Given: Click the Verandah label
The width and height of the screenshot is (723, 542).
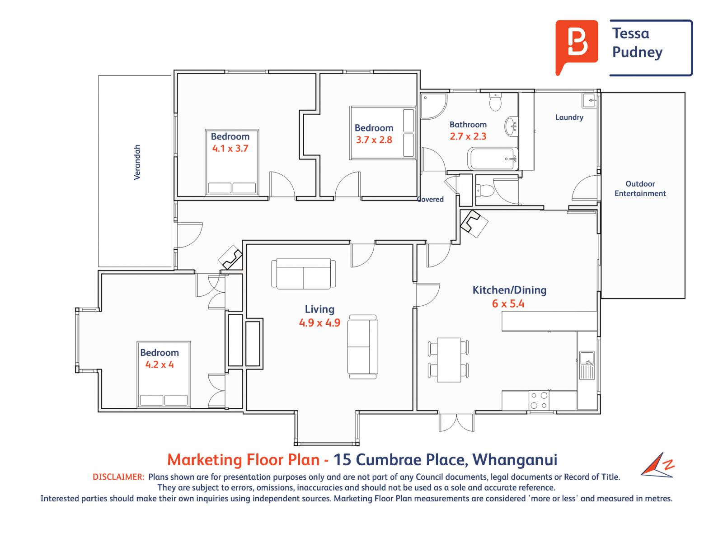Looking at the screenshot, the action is click(x=137, y=162).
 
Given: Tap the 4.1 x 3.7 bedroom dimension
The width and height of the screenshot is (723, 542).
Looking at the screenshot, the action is click(x=230, y=149).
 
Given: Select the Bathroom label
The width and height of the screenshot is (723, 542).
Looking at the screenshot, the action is click(x=468, y=125).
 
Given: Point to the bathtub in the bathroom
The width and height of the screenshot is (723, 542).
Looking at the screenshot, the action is click(x=493, y=159).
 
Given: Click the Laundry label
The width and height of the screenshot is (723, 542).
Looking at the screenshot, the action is click(x=569, y=117).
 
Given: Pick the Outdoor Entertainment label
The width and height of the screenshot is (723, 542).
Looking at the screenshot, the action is click(x=640, y=188).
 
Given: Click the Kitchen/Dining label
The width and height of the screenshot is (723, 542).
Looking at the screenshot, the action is click(x=509, y=290).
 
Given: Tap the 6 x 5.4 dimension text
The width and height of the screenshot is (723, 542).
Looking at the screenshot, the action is click(x=508, y=304).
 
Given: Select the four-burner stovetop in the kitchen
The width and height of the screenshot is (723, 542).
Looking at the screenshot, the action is click(x=539, y=400).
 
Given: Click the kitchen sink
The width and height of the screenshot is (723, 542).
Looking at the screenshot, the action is click(x=587, y=365).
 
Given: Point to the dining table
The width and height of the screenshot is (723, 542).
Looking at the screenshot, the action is click(x=449, y=360).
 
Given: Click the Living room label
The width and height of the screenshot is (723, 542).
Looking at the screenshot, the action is click(x=319, y=309).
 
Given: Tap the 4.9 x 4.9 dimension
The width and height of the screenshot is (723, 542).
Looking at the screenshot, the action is click(x=319, y=323).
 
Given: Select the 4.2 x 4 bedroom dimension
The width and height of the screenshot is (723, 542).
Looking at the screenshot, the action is click(x=160, y=364).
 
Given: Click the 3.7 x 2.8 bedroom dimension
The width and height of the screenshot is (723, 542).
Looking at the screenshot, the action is click(x=374, y=140).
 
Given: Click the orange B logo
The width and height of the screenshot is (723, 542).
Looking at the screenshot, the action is click(x=576, y=46).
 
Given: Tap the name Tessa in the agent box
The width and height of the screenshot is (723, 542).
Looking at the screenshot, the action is click(x=630, y=33).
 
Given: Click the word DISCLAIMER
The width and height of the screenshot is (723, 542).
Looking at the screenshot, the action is click(x=118, y=477).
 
